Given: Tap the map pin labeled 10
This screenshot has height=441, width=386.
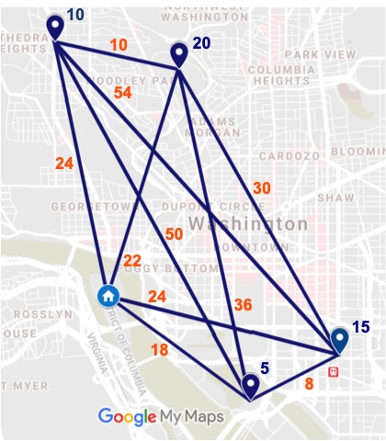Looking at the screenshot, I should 56,26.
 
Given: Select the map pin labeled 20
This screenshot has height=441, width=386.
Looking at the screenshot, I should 180,55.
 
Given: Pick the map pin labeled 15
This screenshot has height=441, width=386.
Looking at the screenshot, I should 340,340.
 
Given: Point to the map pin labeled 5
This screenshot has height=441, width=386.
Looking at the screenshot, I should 249,385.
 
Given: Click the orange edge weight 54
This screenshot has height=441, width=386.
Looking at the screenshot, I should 121,94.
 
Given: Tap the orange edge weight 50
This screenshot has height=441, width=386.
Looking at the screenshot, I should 174,234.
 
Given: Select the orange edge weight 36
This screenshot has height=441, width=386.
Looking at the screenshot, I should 244,305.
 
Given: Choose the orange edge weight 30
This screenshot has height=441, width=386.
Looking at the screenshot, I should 262,187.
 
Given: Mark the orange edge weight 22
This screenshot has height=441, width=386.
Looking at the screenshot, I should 132,261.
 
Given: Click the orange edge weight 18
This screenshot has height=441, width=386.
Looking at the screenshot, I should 159,350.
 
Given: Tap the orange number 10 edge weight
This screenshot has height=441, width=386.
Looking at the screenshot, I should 119,44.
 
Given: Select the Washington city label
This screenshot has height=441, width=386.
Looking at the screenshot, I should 248,224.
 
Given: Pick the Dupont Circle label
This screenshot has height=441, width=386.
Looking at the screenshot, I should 224,206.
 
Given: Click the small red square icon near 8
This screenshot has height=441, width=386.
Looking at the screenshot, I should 333,371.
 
